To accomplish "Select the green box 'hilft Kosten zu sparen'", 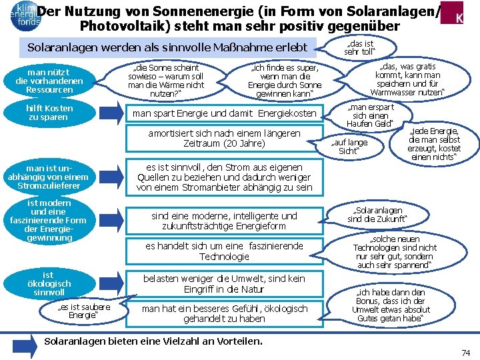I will [x=48, y=112].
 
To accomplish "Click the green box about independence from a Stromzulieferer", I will [x=48, y=177].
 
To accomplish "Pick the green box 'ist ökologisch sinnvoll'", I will [x=48, y=283].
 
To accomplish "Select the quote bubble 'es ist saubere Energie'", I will [x=83, y=311].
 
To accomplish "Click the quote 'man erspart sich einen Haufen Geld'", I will [x=371, y=116].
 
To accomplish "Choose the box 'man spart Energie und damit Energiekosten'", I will [x=224, y=114].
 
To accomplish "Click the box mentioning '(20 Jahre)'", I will [x=224, y=139].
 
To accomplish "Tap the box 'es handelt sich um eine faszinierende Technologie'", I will [x=224, y=251].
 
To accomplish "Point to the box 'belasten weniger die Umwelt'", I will [x=224, y=284].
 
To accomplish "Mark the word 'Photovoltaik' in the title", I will [x=120, y=27].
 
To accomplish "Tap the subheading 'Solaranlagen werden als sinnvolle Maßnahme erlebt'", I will [x=167, y=48].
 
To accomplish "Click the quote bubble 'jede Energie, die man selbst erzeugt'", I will [x=434, y=144].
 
